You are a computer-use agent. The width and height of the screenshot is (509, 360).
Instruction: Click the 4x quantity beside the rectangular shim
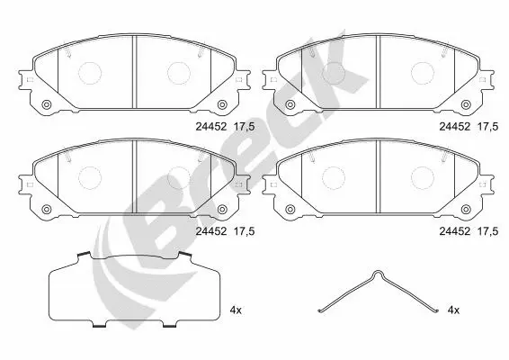[x=237, y=309]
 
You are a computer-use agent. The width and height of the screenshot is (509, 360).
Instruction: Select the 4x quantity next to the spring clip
[x=453, y=309]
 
